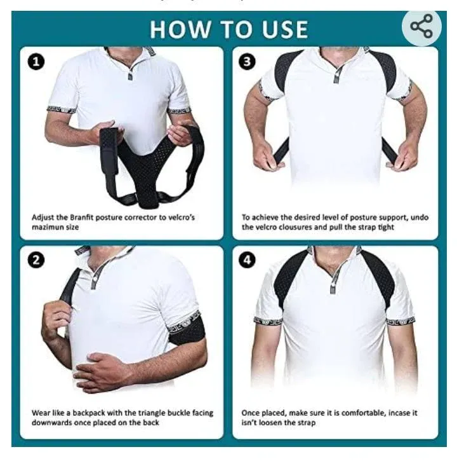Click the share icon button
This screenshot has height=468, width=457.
pyautogui.click(x=421, y=27)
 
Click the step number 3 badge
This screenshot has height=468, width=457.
pyautogui.click(x=246, y=62)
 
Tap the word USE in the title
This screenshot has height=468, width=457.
pyautogui.click(x=284, y=29)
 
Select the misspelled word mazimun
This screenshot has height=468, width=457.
pyautogui.click(x=50, y=227)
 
